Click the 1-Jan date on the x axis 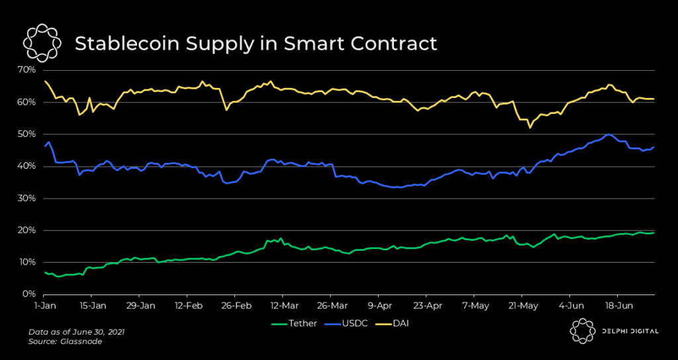(45, 306)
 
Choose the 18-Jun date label (617, 306)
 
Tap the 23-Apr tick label (428, 306)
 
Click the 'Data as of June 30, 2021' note (76, 331)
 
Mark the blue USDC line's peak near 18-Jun (608, 134)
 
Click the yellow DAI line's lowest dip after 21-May (530, 127)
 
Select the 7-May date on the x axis (476, 306)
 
